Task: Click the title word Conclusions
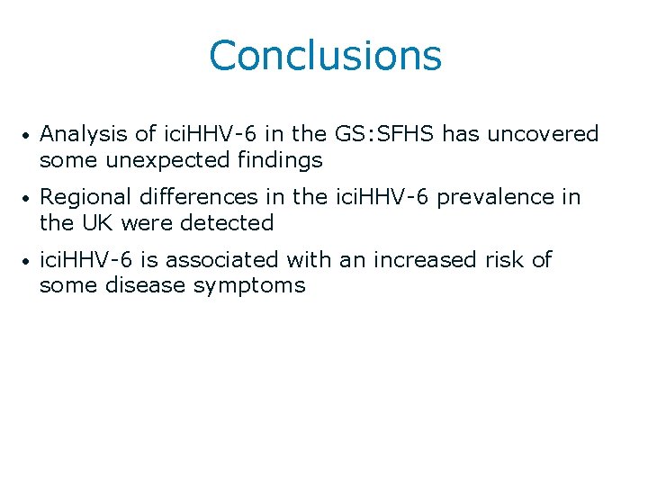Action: coord(325,55)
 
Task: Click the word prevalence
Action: coord(488,197)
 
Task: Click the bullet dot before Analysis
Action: coord(29,136)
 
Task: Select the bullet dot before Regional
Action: coord(29,198)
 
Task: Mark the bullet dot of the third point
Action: coord(29,261)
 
